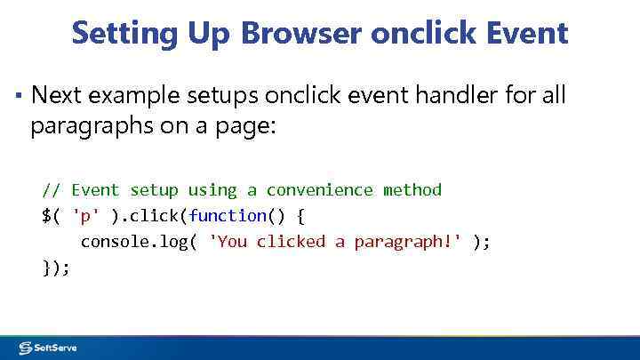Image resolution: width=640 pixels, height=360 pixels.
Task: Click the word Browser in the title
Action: click(x=299, y=34)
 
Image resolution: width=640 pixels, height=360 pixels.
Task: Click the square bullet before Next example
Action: click(x=18, y=93)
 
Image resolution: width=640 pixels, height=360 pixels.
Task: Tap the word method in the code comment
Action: click(x=412, y=189)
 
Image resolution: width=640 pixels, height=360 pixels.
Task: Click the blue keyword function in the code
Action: click(x=228, y=215)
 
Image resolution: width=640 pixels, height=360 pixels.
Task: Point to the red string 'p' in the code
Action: click(x=86, y=215)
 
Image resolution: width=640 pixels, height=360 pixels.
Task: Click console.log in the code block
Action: click(x=130, y=241)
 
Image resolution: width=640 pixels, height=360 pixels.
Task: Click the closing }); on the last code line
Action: click(x=56, y=267)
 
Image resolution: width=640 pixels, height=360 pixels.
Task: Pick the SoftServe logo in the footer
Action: click(x=48, y=348)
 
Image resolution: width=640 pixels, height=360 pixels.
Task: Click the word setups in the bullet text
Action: click(x=227, y=94)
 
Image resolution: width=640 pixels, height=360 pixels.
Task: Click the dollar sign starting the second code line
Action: click(x=46, y=215)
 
